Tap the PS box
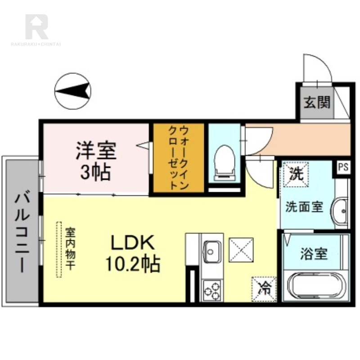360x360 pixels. [x=343, y=167]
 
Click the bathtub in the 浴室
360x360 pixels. [x=315, y=286]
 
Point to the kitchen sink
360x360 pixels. [x=211, y=249]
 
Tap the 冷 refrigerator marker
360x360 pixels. [x=264, y=287]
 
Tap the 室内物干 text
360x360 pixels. [x=70, y=250]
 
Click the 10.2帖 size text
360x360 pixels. [x=133, y=264]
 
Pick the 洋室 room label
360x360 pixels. [x=96, y=151]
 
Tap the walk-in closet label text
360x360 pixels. [x=178, y=158]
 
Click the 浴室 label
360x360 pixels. [x=314, y=254]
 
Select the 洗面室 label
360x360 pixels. [x=305, y=207]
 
